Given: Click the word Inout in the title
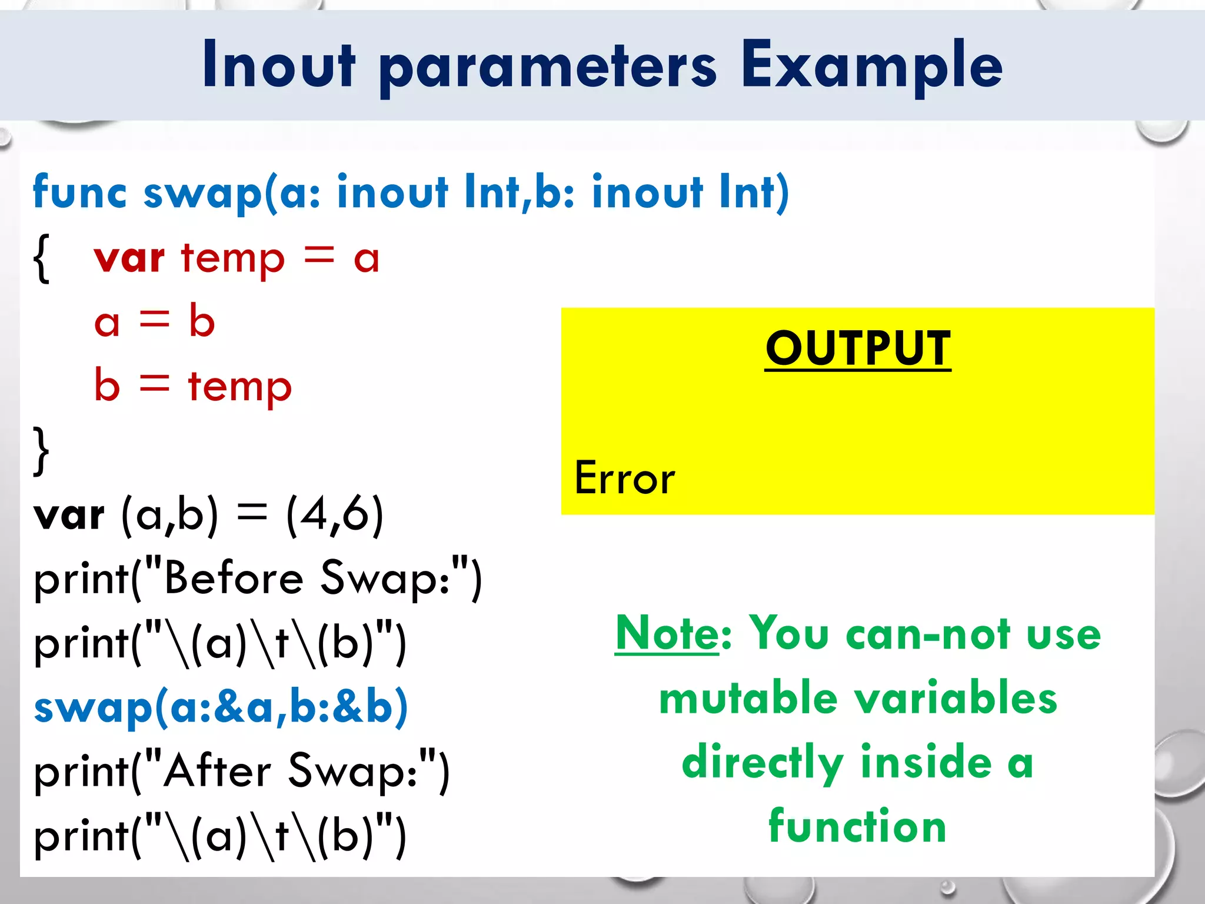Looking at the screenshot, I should (x=279, y=65).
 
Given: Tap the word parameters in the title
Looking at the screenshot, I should (x=548, y=68).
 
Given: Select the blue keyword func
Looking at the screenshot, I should (x=79, y=192).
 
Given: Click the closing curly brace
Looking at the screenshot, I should (x=41, y=450).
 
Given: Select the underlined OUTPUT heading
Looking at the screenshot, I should (x=858, y=348).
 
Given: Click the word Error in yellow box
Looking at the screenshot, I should (x=624, y=478).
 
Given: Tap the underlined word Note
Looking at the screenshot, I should (x=666, y=633).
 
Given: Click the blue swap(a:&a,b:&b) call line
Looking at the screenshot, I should (x=221, y=707).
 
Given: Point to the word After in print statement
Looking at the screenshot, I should (x=217, y=770).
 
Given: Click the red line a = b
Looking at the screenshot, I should (x=154, y=322).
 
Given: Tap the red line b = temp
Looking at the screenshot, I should (x=192, y=386).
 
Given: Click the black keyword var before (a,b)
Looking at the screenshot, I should (x=69, y=515).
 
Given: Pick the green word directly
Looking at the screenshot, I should (x=763, y=762).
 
